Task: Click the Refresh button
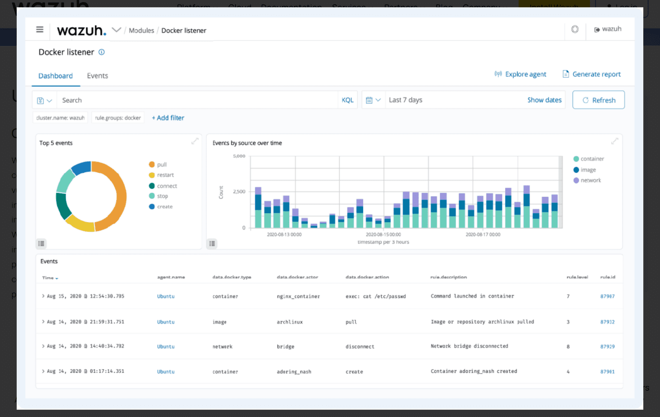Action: pyautogui.click(x=598, y=100)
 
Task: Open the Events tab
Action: pyautogui.click(x=98, y=76)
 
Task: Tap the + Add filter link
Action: pyautogui.click(x=168, y=118)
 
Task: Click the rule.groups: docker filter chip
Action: pyautogui.click(x=118, y=118)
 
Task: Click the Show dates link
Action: pyautogui.click(x=544, y=100)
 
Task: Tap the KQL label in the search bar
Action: pyautogui.click(x=347, y=100)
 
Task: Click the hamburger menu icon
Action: pyautogui.click(x=40, y=30)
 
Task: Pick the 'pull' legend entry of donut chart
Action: pyautogui.click(x=161, y=165)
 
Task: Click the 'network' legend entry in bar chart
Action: pyautogui.click(x=590, y=181)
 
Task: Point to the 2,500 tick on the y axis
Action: pyautogui.click(x=239, y=192)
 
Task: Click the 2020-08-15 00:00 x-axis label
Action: pyautogui.click(x=383, y=235)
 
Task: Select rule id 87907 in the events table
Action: pyautogui.click(x=607, y=297)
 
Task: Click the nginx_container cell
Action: pyautogui.click(x=298, y=297)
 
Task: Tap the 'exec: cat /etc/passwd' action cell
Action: pyautogui.click(x=376, y=297)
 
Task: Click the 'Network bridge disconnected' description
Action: pyautogui.click(x=469, y=346)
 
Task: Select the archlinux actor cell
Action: pyautogui.click(x=290, y=322)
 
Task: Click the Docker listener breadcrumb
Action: pyautogui.click(x=183, y=31)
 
